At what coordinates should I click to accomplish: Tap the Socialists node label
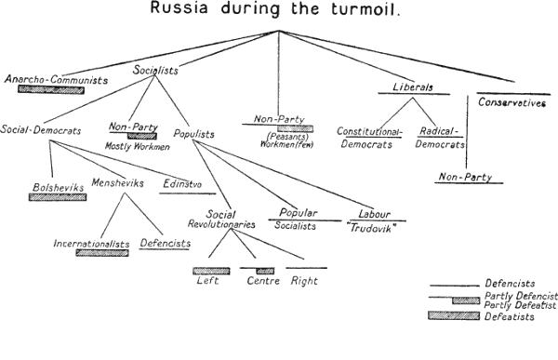coord(155,69)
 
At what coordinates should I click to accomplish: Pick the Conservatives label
coord(511,103)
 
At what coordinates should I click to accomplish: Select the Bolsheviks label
coord(58,187)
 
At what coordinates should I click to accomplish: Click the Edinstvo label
coord(181,183)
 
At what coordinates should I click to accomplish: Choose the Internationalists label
coord(91,243)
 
